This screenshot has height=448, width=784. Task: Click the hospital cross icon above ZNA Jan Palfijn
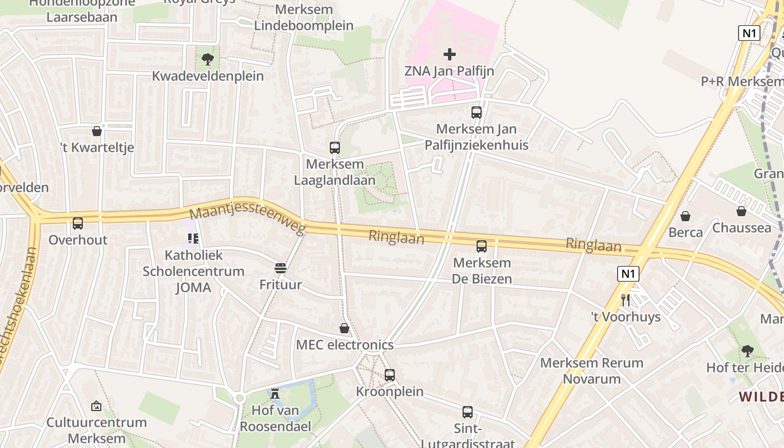click(x=449, y=54)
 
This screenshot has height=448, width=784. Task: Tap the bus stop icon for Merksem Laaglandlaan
click(x=335, y=148)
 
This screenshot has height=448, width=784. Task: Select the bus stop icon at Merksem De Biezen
click(x=481, y=246)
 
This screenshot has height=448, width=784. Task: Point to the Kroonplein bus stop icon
click(x=390, y=375)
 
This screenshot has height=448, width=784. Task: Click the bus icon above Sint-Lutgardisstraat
click(x=468, y=412)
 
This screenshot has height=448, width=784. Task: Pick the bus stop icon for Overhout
click(x=78, y=223)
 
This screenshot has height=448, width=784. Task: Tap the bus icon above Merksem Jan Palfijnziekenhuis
click(x=477, y=113)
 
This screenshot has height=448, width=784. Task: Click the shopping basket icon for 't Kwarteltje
click(x=97, y=131)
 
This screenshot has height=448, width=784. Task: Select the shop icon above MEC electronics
click(x=344, y=328)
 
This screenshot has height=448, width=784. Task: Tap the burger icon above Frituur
click(x=281, y=268)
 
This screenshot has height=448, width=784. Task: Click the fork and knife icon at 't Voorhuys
click(x=626, y=300)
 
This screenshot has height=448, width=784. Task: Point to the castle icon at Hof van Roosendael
click(x=275, y=394)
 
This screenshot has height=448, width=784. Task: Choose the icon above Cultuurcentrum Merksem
click(x=96, y=406)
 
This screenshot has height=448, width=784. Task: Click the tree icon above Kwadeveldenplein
click(x=208, y=59)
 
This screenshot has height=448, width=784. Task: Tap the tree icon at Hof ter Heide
click(x=746, y=351)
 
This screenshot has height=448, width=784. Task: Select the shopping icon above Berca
click(x=685, y=216)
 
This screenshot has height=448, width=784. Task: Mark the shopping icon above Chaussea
click(x=741, y=211)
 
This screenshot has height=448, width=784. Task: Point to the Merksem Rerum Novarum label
click(x=591, y=371)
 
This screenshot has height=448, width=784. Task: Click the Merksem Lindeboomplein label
click(x=304, y=18)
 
